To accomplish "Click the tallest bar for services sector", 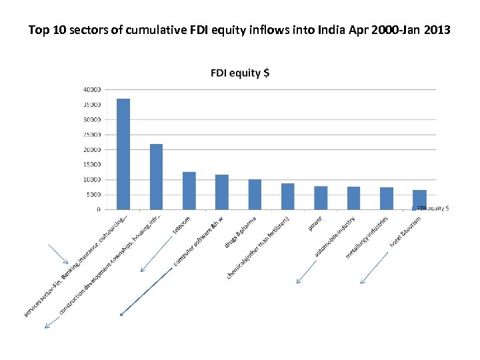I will pos(123,154).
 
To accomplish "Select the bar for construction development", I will pos(156,177).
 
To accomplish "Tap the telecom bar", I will pos(189,191).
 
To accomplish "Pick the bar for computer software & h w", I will pos(222,192).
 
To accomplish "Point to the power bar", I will pos(321,198).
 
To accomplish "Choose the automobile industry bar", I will pos(353,198).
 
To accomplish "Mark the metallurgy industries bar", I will pos(387,199).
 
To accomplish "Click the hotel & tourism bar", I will pos(419,200).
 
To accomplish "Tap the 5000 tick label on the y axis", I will pos(94,195).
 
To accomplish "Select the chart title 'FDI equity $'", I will pos(240,73).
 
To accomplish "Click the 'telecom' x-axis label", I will pos(182,225).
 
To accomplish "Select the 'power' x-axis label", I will pos(315,223).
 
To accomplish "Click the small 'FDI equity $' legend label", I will pos(433,209).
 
